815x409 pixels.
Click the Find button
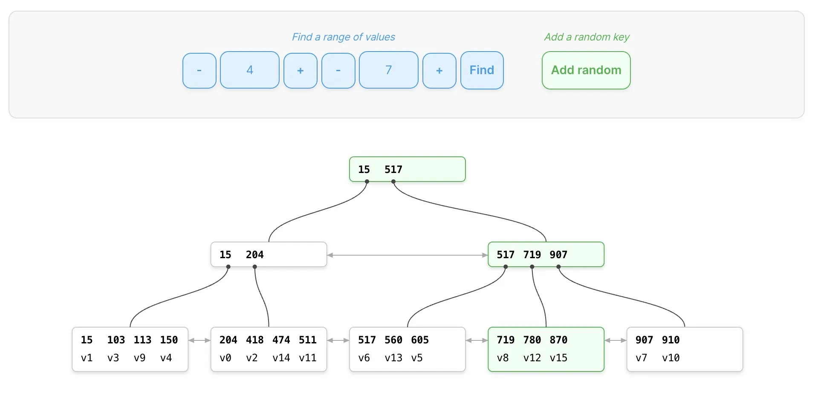482,70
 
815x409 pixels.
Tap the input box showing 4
250,70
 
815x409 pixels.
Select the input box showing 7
389,70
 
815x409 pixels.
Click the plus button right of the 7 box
439,71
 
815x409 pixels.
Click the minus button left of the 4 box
199,71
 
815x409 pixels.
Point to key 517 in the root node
393,170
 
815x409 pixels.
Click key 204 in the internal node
255,255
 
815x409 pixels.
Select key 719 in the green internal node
532,255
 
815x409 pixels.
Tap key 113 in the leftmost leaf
142,340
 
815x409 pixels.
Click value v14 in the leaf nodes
281,358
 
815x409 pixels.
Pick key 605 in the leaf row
420,340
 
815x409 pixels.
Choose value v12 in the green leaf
532,358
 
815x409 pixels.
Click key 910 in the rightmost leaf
671,340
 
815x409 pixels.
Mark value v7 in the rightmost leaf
642,358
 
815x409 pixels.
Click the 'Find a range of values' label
344,37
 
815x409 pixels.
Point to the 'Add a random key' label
587,37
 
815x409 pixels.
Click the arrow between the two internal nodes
407,255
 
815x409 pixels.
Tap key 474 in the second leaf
281,340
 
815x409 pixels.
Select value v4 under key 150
166,358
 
